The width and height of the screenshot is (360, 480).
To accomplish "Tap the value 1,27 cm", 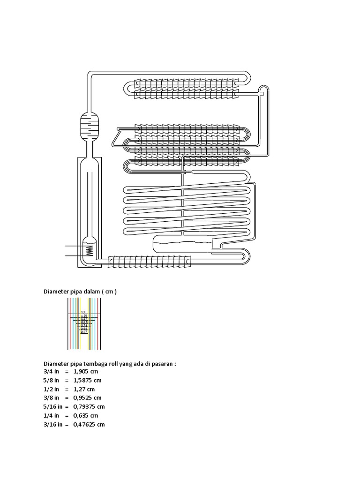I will (84, 389).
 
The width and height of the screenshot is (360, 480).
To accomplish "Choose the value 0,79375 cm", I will (89, 406).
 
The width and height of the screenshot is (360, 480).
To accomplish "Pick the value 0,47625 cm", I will (89, 424).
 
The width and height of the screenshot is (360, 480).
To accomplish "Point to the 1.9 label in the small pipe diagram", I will (83, 312).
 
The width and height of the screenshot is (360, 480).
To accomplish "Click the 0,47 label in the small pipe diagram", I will (83, 332).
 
